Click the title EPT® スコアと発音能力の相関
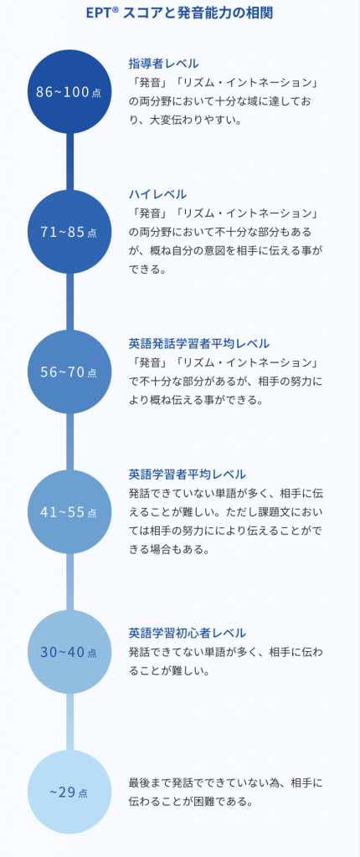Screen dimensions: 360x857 [x=179, y=13]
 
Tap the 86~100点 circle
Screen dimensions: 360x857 [x=69, y=91]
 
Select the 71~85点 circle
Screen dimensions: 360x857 [x=69, y=232]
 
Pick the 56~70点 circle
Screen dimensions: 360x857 [x=69, y=372]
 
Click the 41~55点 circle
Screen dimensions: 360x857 [x=69, y=512]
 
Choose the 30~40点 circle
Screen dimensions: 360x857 [x=69, y=652]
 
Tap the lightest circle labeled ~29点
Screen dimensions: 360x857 [x=69, y=792]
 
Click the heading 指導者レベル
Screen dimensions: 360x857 [x=163, y=63]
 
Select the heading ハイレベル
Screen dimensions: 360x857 [x=157, y=194]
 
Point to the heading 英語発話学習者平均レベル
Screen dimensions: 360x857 [x=199, y=343]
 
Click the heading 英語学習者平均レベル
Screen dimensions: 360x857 [x=187, y=474]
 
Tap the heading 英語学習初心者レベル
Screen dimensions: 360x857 [x=187, y=633]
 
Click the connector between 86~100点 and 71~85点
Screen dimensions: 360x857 [x=69, y=162]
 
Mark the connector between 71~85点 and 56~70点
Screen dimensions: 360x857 [x=69, y=301]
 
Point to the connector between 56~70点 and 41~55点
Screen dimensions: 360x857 [x=69, y=442]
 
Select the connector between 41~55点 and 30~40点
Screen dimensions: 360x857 [x=69, y=582]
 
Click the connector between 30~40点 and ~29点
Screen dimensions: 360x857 [x=69, y=722]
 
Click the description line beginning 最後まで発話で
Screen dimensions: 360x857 [x=226, y=783]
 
